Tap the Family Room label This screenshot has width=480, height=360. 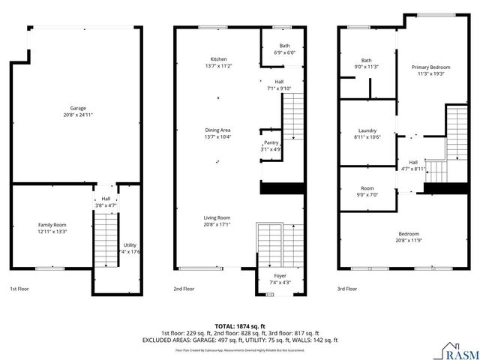52,224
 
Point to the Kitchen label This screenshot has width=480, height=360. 218,59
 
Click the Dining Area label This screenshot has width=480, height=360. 218,129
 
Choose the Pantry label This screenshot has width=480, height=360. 271,142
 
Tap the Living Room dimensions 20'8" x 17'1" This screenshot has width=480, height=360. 218,224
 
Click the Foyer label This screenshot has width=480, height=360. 279,276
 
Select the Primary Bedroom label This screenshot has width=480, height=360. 428,67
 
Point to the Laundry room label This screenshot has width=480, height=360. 367,130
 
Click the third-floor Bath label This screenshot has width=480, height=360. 366,60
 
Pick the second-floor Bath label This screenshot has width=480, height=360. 284,46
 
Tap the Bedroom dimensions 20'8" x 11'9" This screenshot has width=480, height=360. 409,240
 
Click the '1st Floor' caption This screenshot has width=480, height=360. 20,289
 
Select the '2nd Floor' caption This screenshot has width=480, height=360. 184,289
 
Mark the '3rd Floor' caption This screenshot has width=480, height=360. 346,289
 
